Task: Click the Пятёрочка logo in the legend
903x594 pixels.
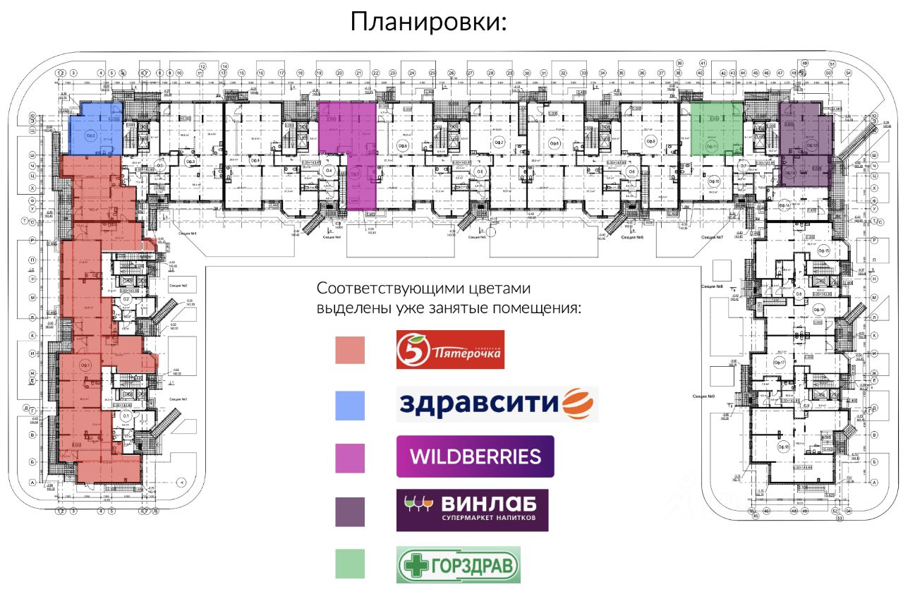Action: coord(450,349)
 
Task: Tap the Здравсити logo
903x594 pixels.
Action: coord(497,404)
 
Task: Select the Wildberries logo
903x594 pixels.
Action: coord(475,456)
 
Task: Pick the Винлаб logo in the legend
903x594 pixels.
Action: coord(472,510)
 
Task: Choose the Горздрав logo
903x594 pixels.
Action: coord(459,564)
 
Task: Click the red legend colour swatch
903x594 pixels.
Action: coord(350,350)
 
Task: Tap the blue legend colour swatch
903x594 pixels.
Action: coord(350,405)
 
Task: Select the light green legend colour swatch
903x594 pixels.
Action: coord(350,564)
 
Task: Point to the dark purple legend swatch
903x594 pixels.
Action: coord(350,511)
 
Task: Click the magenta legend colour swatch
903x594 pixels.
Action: coord(350,458)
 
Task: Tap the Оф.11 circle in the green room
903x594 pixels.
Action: coord(713,146)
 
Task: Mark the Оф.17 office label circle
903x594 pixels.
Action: coord(780,362)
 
